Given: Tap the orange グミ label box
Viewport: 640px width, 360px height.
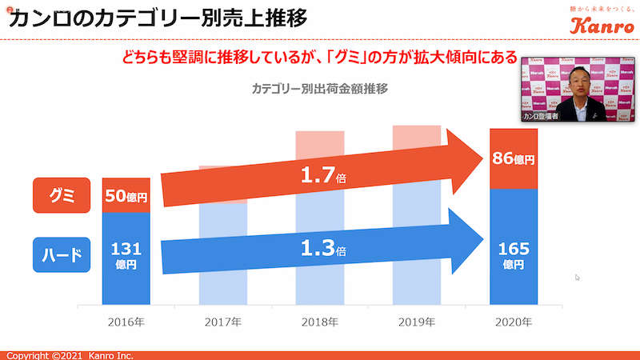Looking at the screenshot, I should click(x=62, y=195).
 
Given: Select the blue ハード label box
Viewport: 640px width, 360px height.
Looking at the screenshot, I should click(x=62, y=255).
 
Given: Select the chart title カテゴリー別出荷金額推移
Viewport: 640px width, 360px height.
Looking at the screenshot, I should click(x=320, y=89).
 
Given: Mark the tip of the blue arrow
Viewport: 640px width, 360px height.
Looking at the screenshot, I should click(x=485, y=238).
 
